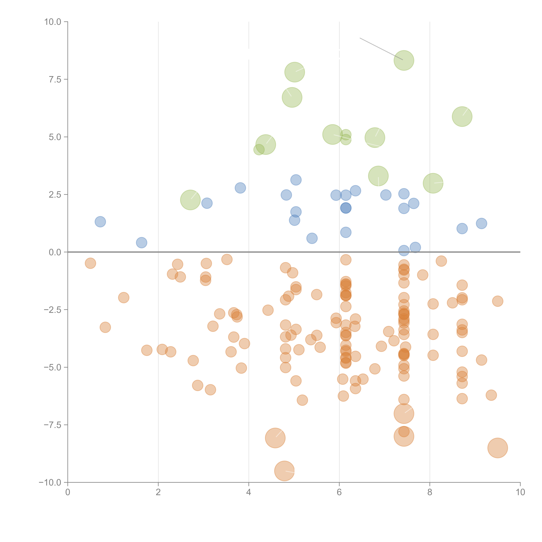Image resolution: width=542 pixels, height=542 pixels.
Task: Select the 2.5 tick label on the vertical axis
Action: click(x=55, y=194)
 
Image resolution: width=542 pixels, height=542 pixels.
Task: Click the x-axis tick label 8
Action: click(x=430, y=492)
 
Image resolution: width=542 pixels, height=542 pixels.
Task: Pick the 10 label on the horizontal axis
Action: click(x=520, y=492)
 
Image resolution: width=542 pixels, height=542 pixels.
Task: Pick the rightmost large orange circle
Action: click(x=497, y=448)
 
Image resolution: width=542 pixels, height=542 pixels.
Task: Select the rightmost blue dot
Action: click(x=481, y=224)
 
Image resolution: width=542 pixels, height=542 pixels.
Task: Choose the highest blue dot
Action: click(x=296, y=180)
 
